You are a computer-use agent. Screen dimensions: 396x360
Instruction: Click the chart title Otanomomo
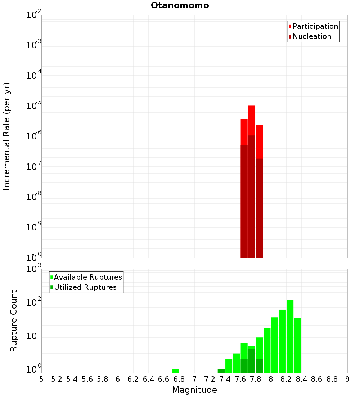tap(180, 5)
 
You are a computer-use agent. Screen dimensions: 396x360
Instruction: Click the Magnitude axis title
tap(194, 390)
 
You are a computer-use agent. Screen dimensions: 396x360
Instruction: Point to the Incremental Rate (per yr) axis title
tap(7, 136)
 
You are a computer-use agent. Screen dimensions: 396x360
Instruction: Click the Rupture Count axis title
tap(14, 321)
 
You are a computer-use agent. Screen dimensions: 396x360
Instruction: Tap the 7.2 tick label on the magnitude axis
tap(210, 379)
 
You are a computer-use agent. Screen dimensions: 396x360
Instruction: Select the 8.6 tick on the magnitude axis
tap(317, 379)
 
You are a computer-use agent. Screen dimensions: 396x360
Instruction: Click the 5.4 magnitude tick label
tap(72, 379)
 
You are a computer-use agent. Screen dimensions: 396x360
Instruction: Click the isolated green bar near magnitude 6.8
tap(175, 371)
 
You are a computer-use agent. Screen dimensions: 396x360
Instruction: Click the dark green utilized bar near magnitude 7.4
tap(221, 371)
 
